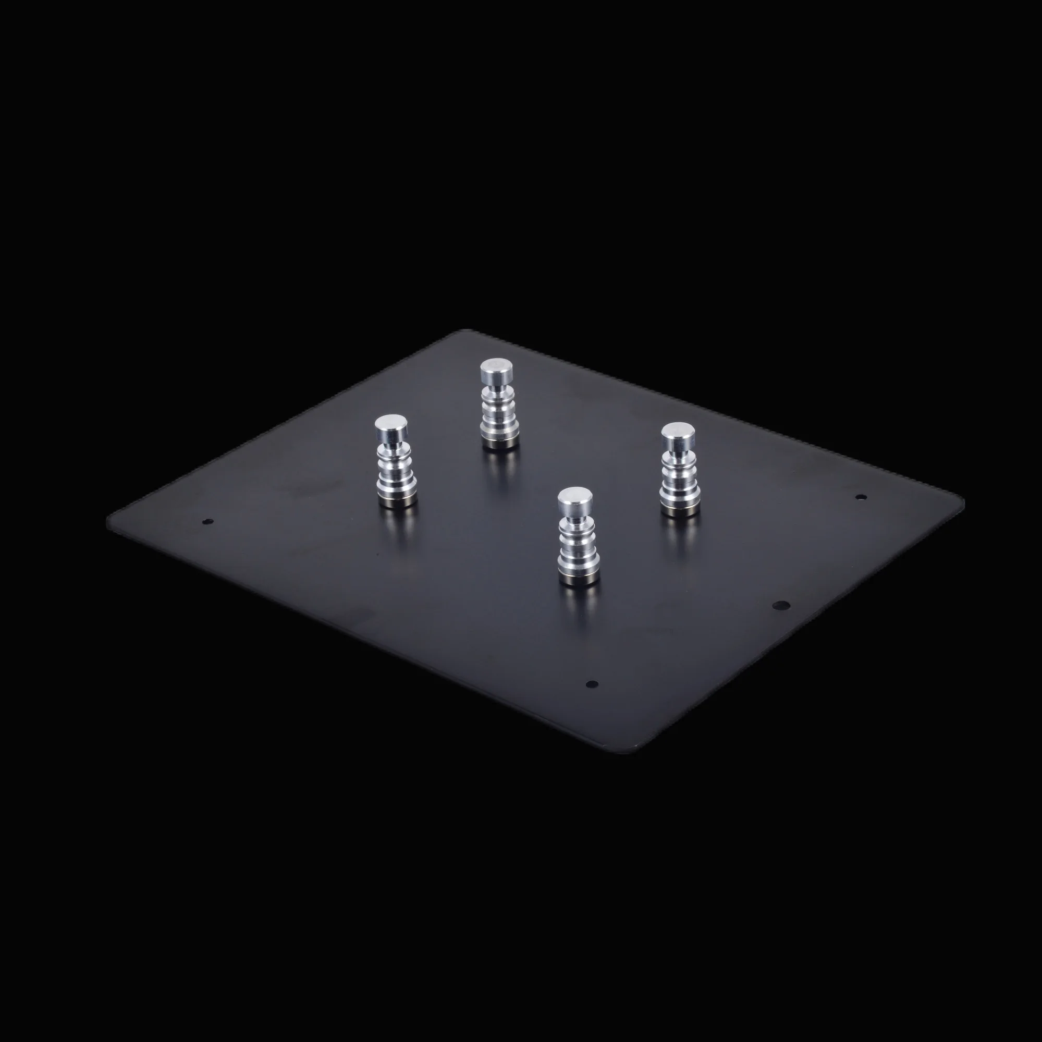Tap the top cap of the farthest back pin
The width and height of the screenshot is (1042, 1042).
pos(496,370)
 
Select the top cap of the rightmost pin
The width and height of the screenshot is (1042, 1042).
pos(678,432)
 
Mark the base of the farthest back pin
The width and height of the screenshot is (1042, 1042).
pos(500,442)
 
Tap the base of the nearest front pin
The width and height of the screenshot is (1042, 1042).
pos(578,579)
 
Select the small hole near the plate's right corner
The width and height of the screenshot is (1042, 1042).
pos(861,497)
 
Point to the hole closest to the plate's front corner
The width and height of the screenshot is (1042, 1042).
pos(592,684)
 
